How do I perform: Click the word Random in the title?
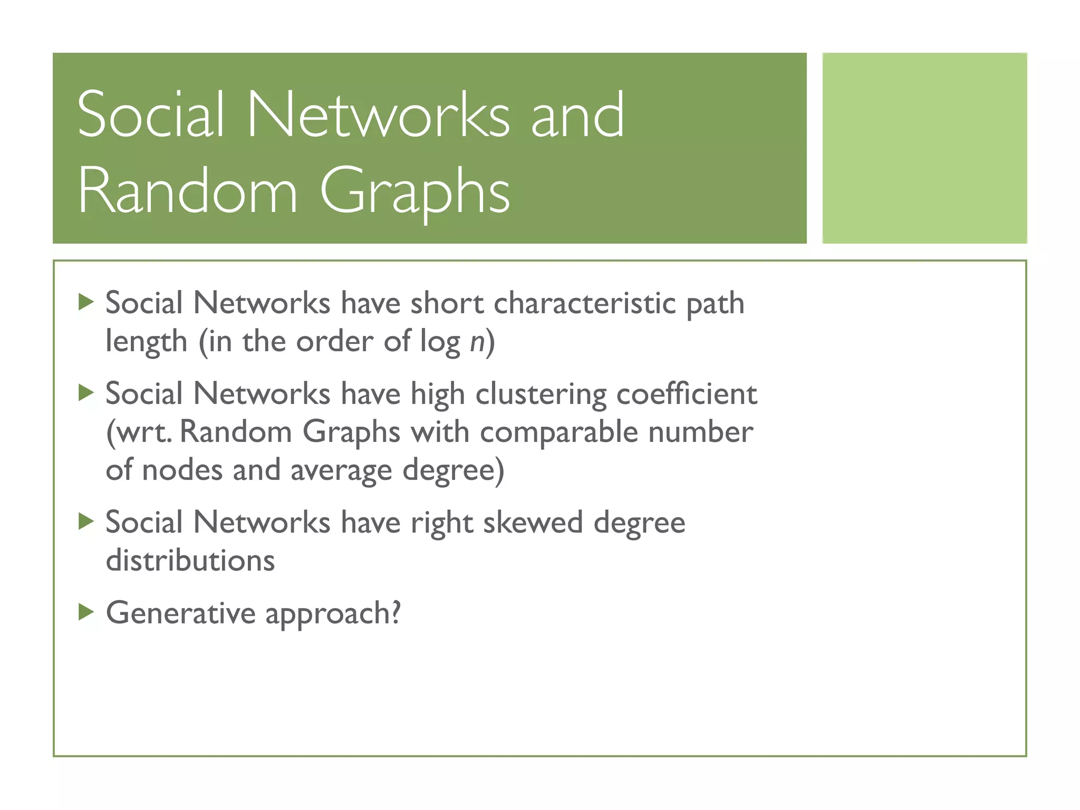click(x=188, y=190)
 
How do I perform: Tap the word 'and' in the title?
click(x=577, y=114)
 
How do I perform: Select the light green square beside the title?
click(x=924, y=148)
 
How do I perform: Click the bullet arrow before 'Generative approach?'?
click(x=86, y=612)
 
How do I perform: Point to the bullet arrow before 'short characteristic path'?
click(x=86, y=302)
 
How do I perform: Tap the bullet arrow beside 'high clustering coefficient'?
click(x=86, y=392)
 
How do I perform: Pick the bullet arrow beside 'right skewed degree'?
click(x=86, y=522)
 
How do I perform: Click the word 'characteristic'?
click(x=584, y=303)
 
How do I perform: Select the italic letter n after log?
click(x=477, y=342)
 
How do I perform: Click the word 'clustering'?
click(x=541, y=394)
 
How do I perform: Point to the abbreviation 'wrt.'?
click(x=139, y=432)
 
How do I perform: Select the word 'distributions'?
click(x=190, y=560)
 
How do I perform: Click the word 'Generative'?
click(x=181, y=613)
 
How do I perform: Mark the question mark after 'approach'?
click(x=395, y=612)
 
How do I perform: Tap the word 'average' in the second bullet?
click(x=341, y=470)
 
